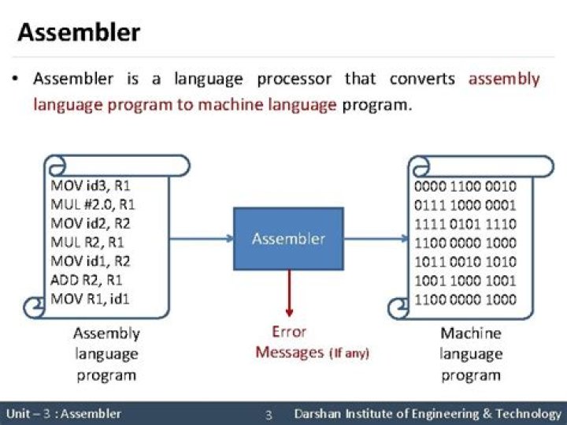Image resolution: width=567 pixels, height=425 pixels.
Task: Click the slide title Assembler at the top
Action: coord(79,32)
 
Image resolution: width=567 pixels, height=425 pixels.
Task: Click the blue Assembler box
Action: coord(288,238)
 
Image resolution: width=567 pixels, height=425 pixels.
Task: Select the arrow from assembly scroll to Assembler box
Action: coord(201,238)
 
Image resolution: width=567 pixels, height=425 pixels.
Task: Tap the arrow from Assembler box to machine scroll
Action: coord(375,238)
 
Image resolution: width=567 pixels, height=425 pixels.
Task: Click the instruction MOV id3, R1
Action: coord(91,186)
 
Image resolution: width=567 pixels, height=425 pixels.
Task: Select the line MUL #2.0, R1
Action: coord(93,205)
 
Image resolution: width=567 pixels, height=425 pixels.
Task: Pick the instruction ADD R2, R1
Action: coord(88,280)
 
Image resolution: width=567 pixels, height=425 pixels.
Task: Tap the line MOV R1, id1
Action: coord(91,299)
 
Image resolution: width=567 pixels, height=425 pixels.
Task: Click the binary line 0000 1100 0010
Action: coord(465,187)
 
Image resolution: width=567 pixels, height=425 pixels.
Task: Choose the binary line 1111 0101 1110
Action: coord(465,224)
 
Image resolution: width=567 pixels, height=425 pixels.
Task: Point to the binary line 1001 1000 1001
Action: coord(465,281)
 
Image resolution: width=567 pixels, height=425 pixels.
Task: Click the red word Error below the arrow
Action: coord(288,332)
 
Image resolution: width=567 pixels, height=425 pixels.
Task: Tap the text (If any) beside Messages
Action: coord(348,353)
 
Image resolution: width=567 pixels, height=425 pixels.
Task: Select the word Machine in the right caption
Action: coord(470,334)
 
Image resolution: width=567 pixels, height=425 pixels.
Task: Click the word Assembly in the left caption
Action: coord(106,334)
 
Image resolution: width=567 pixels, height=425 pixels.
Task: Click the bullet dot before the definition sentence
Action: coord(16,80)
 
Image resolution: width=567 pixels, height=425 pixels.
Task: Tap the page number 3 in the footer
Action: coord(268,415)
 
